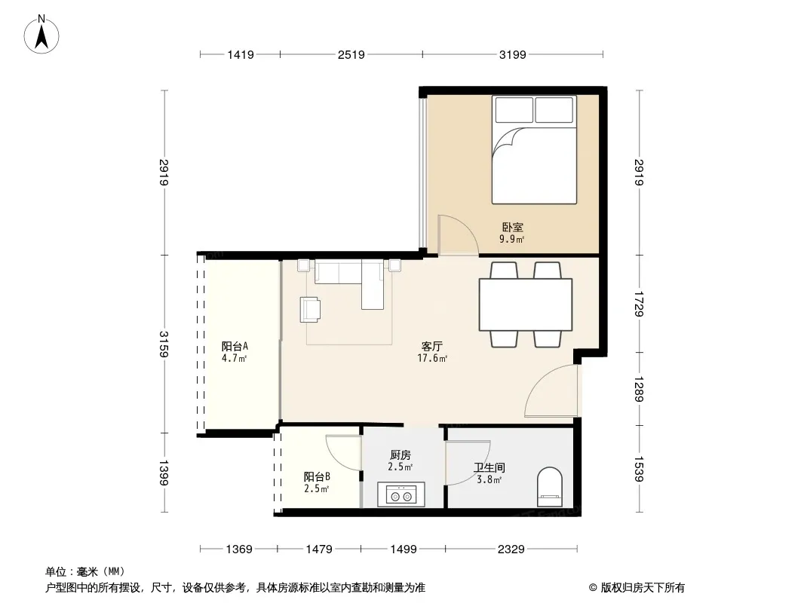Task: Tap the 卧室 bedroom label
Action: pyautogui.click(x=512, y=227)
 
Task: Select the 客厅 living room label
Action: pyautogui.click(x=431, y=347)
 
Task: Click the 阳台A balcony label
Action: pyautogui.click(x=235, y=346)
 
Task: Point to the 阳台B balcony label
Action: pyautogui.click(x=317, y=477)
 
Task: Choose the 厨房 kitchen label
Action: pyautogui.click(x=400, y=455)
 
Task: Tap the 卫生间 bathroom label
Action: pyautogui.click(x=489, y=467)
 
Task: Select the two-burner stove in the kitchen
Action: pyautogui.click(x=401, y=495)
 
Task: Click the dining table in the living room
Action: pyautogui.click(x=526, y=305)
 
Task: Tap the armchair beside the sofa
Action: pyautogui.click(x=310, y=310)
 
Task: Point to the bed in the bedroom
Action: pyautogui.click(x=534, y=149)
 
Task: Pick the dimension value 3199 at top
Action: pyautogui.click(x=513, y=54)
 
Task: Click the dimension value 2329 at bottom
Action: pyautogui.click(x=511, y=549)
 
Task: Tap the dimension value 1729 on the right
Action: pyautogui.click(x=639, y=305)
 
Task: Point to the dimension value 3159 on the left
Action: pyautogui.click(x=164, y=344)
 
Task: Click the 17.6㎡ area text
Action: pyautogui.click(x=432, y=358)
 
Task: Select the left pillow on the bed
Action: pyautogui.click(x=514, y=110)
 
